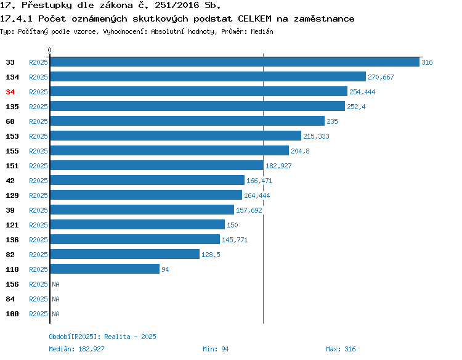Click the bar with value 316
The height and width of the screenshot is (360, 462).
pos(235,62)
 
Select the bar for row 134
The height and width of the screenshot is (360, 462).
pos(208,76)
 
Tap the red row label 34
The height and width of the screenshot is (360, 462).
pos(10,92)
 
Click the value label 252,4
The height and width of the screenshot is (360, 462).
pos(356,107)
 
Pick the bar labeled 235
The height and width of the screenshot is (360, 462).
pos(187,121)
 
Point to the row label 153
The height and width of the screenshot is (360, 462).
pos(12,136)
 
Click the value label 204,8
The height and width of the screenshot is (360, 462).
pos(300,151)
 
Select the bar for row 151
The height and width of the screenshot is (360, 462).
pos(156,165)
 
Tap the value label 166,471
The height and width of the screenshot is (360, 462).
pos(259,181)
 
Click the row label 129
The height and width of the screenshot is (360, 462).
pos(12,195)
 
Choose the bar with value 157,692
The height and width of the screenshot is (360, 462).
pos(142,210)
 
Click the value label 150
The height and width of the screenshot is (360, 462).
pos(232,225)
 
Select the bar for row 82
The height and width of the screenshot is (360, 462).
pos(125,254)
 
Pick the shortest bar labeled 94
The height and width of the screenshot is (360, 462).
pos(105,269)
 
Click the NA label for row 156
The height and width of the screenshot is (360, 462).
pos(55,284)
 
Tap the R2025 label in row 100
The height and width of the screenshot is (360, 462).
pos(38,314)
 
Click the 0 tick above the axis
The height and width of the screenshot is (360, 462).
pos(49,50)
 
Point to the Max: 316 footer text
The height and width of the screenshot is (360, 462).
pos(341,349)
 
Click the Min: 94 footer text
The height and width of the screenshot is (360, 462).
pos(216,349)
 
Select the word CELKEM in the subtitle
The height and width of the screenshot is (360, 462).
pos(254,19)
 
